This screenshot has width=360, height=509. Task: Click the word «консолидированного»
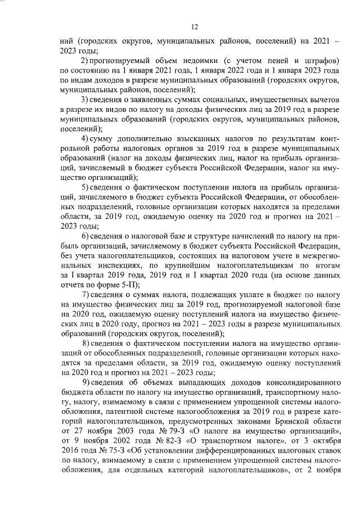[296, 382]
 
